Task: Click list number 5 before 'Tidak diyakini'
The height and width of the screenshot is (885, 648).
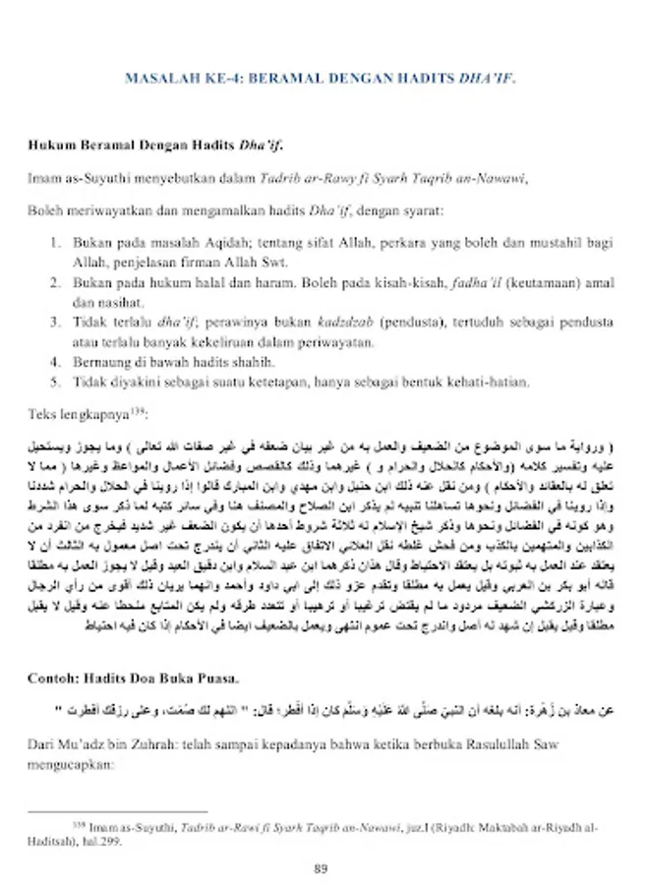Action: pyautogui.click(x=55, y=381)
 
